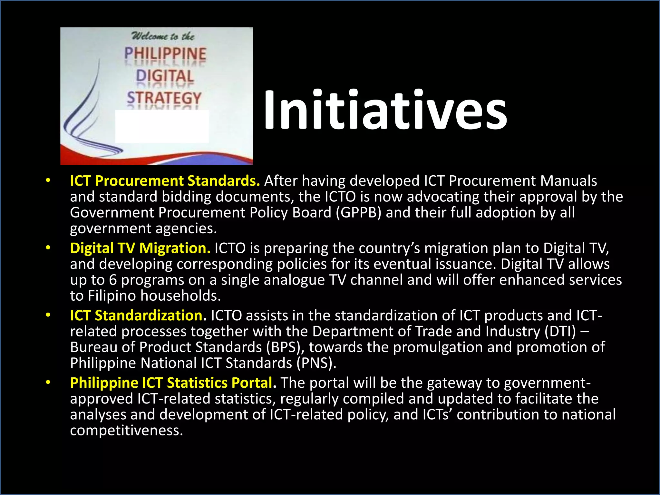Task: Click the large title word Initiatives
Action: click(385, 110)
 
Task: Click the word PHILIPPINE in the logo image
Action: click(165, 54)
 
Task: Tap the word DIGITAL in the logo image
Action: click(165, 76)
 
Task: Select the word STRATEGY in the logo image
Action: click(164, 98)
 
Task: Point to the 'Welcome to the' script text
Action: click(163, 36)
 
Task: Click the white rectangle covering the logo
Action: click(162, 126)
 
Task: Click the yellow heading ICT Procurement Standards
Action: click(165, 181)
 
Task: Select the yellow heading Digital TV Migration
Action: click(140, 248)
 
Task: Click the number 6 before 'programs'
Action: click(112, 280)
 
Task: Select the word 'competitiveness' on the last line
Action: click(126, 431)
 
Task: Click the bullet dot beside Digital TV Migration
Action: click(48, 248)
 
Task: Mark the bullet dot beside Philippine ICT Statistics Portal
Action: click(48, 383)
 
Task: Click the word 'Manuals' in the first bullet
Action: click(568, 181)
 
